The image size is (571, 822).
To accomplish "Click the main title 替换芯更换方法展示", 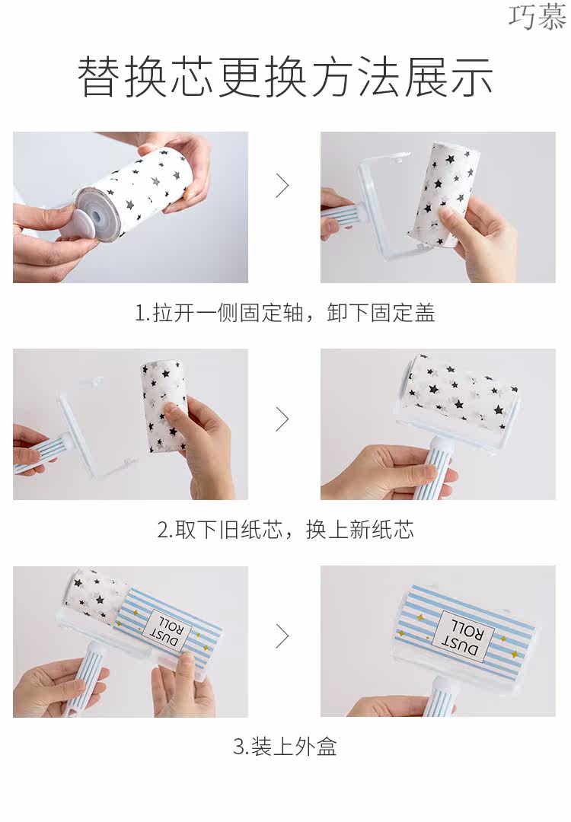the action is pos(285,77).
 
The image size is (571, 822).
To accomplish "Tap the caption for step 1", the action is pos(285,313).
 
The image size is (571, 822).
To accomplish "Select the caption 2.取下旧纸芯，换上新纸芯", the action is pos(285,530).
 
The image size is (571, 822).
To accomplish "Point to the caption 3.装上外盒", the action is pos(285,747).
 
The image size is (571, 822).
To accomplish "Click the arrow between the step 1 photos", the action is pos(282,185).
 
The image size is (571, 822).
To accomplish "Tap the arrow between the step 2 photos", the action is pos(282,419).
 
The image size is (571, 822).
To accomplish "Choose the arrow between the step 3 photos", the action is pos(282,636).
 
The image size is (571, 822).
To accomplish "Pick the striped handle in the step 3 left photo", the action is pos(86,677).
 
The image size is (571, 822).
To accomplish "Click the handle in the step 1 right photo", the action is pos(341,215).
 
